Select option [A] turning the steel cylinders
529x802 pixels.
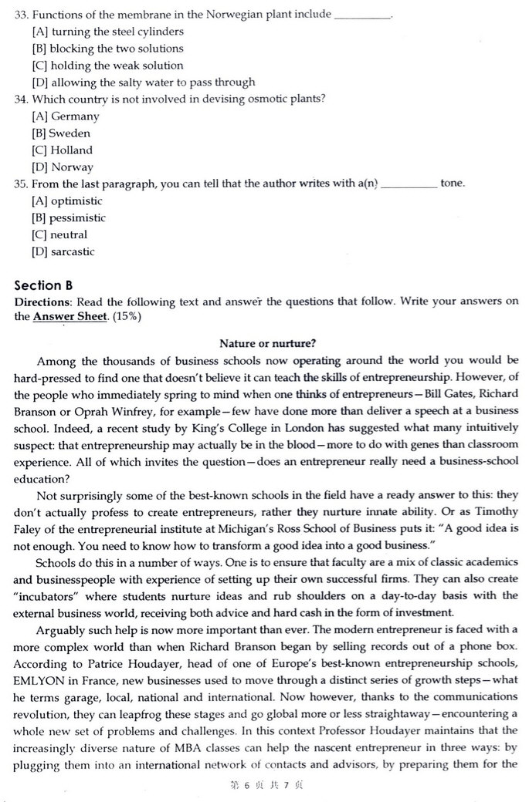tap(107, 32)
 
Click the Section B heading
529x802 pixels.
tap(43, 285)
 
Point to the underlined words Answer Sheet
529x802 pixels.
tap(70, 316)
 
